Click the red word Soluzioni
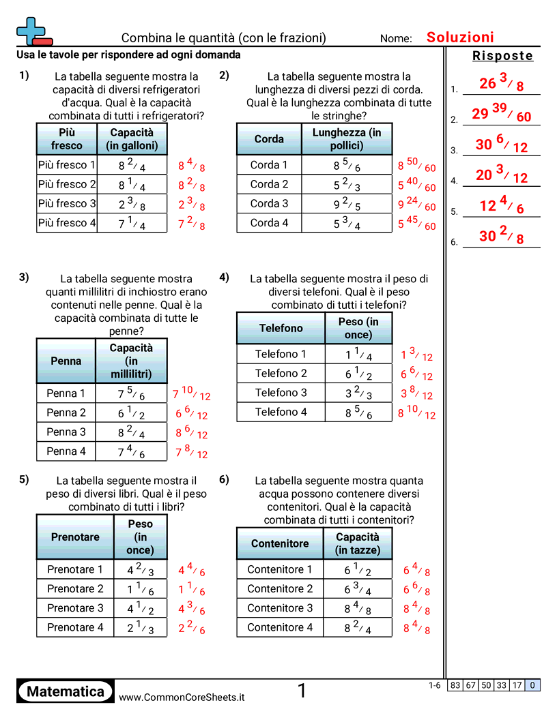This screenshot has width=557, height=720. (460, 37)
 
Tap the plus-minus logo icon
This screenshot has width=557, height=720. (32, 31)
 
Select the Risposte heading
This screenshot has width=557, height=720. (502, 57)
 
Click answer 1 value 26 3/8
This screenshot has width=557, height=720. (502, 83)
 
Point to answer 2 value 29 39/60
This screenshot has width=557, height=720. (501, 113)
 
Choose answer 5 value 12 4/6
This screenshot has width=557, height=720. (502, 205)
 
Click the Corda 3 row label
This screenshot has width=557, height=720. (269, 203)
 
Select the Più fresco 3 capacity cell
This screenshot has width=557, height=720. (132, 204)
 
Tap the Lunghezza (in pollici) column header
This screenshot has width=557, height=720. (347, 139)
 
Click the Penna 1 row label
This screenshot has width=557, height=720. (66, 393)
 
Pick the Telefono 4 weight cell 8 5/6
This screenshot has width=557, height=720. (358, 412)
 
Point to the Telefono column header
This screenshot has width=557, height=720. (281, 329)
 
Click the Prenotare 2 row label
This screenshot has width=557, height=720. (75, 589)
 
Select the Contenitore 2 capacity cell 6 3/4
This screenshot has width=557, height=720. (358, 589)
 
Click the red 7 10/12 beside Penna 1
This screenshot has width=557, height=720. (191, 393)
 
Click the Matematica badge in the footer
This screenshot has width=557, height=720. (66, 692)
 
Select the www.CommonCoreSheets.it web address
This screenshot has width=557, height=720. (182, 697)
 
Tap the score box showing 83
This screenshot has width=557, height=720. (455, 686)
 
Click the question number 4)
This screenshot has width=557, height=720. (224, 277)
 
